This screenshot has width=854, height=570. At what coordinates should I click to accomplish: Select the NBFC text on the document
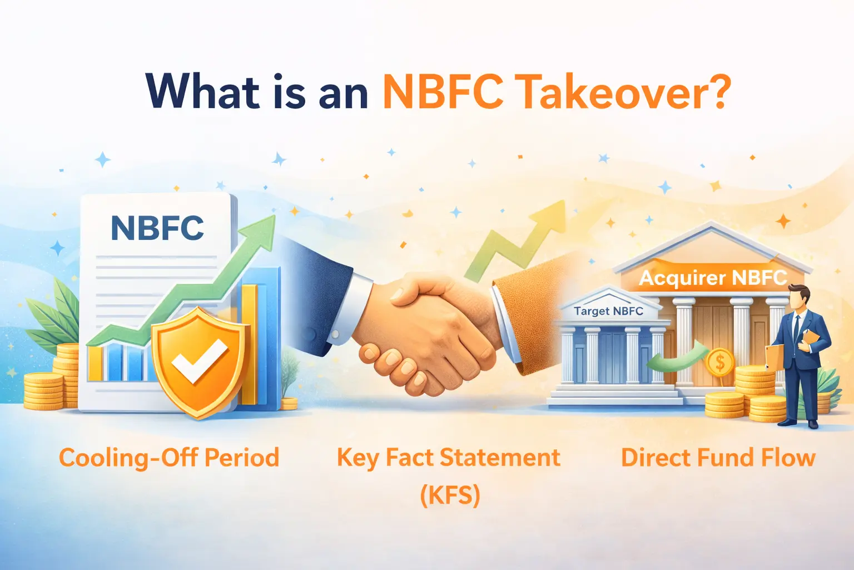pos(157,228)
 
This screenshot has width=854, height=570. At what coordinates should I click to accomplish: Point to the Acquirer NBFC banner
pos(713,277)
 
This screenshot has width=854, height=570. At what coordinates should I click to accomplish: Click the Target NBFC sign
pos(608,311)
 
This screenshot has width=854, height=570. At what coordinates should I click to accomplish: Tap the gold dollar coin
pos(719,363)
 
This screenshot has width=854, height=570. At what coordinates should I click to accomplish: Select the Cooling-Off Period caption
pos(169,458)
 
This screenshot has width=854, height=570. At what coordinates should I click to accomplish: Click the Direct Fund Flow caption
pos(718,458)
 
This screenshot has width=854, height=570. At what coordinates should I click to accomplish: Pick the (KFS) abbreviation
pos(450,494)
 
